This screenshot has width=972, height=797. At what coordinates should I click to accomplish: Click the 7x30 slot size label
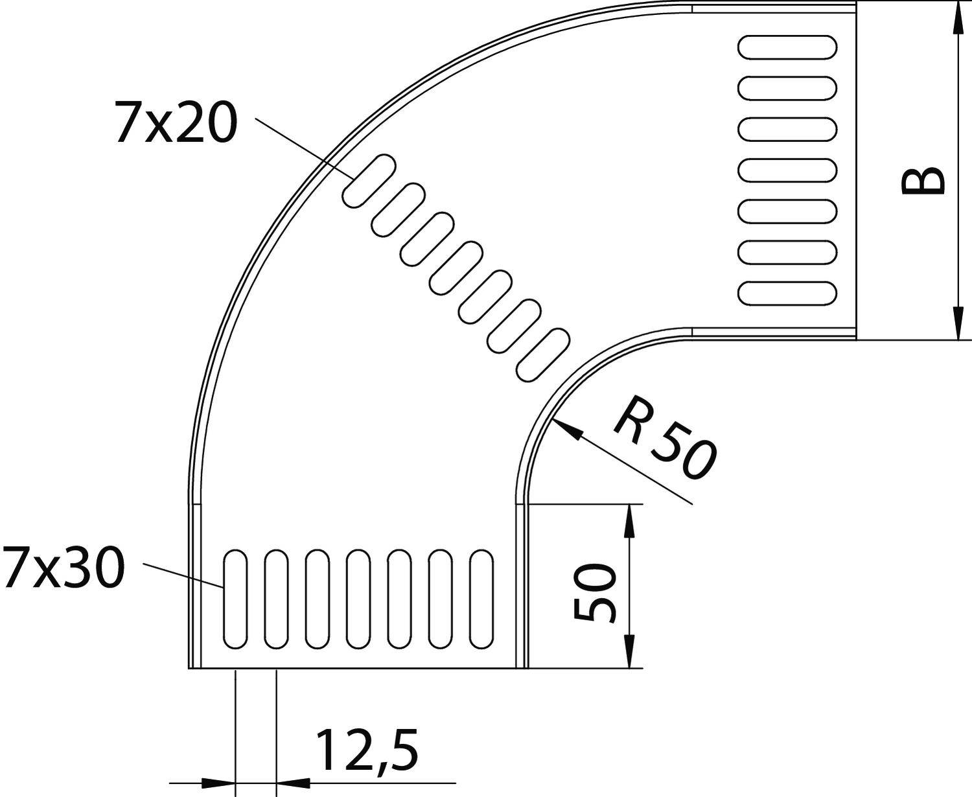pos(62,568)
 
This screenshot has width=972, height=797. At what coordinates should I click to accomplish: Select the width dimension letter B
pos(923,181)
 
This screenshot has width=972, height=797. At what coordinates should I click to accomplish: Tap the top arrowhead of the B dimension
pos(956,19)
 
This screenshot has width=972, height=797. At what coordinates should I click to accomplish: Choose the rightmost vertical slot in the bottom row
pos(481,599)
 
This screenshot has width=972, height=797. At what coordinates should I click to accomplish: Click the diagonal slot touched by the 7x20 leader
pos(369,181)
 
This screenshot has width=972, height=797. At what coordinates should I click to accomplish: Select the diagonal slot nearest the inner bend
pos(542,354)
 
